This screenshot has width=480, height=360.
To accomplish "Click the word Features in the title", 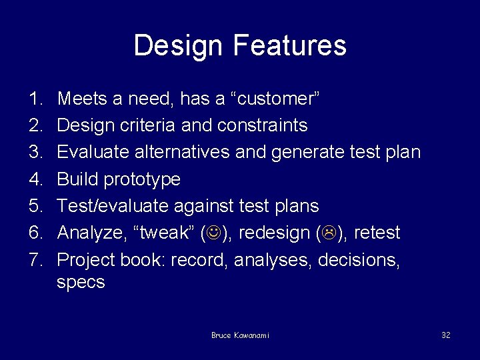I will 290,45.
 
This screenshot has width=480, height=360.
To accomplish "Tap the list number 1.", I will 35,99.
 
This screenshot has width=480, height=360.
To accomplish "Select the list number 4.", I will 35,179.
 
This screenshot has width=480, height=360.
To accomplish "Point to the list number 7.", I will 35,259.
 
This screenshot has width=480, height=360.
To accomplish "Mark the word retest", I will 379,233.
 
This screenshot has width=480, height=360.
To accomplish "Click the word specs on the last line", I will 81,283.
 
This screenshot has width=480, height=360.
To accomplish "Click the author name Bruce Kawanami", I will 240,335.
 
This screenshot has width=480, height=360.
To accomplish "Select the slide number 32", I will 445,335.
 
